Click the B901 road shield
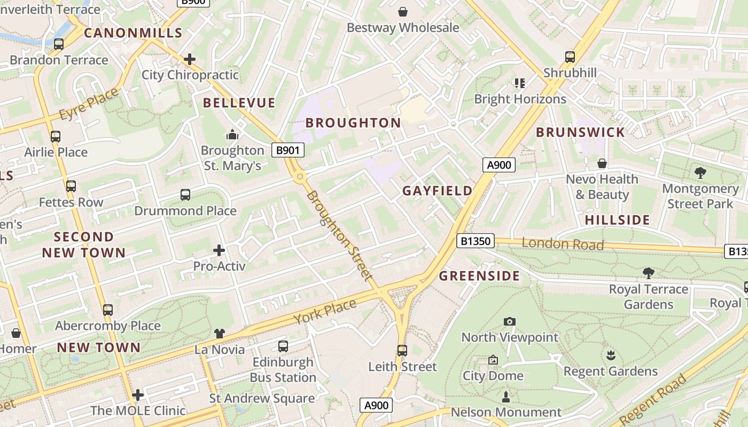coord(287,151)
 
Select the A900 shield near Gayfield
coord(500,165)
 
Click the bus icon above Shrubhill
coord(570,57)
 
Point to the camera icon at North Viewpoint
coord(510,321)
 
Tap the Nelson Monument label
coord(506,412)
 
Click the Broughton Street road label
coord(339,235)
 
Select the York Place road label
coord(325,311)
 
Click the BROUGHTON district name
coord(353,123)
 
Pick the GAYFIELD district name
coord(438,191)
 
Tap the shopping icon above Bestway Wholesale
coord(403,11)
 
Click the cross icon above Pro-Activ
coord(219,250)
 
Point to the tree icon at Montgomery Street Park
coord(700,173)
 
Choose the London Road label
coord(563,244)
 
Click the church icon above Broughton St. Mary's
coord(232,135)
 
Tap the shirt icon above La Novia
coord(220,334)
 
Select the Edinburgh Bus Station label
coord(283,369)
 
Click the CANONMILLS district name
coord(134,33)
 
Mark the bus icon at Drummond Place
coord(185,195)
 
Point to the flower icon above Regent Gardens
coord(611,355)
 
